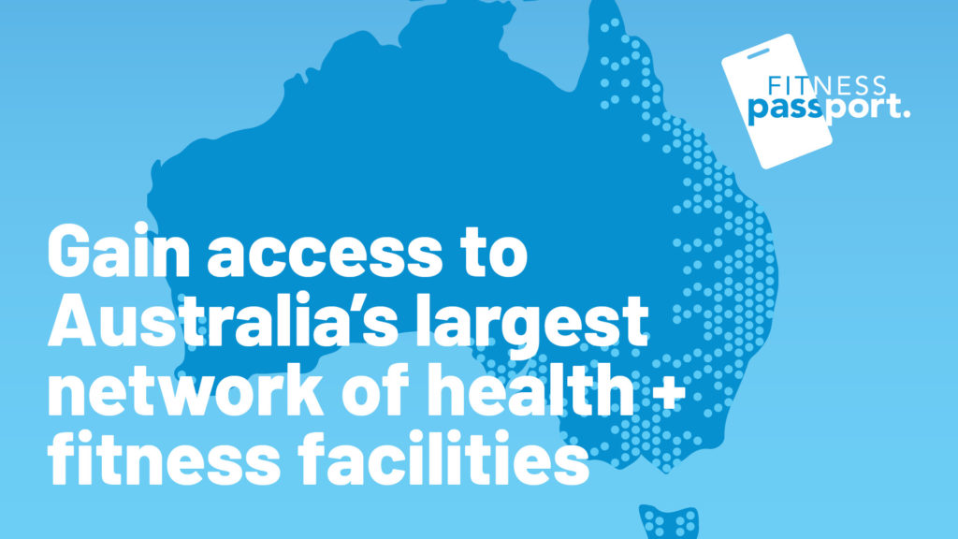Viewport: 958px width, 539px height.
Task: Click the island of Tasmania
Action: pyautogui.click(x=670, y=520)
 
